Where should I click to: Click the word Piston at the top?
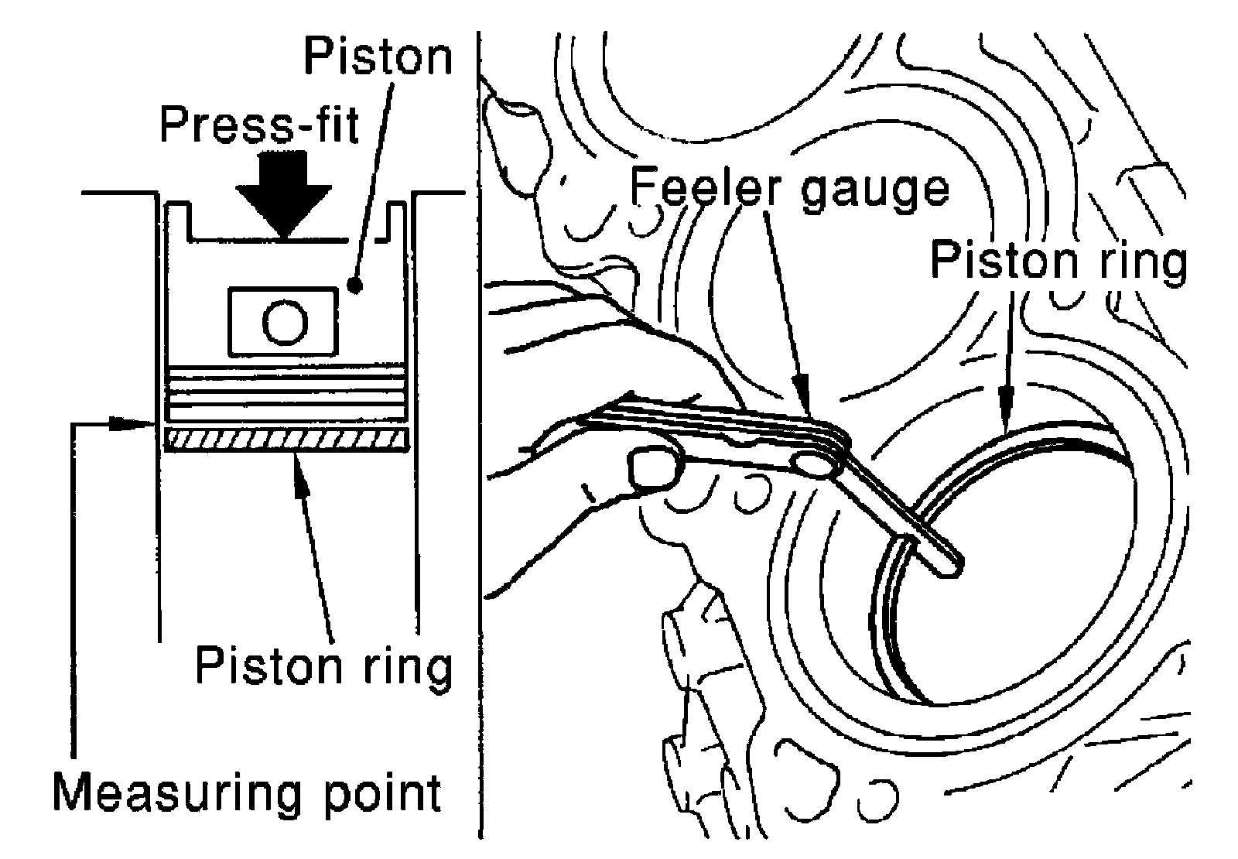click(x=378, y=56)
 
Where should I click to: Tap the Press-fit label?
click(x=260, y=125)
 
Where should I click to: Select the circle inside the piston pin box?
click(x=286, y=322)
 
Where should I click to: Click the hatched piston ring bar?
click(x=287, y=440)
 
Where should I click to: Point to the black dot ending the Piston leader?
click(x=354, y=286)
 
